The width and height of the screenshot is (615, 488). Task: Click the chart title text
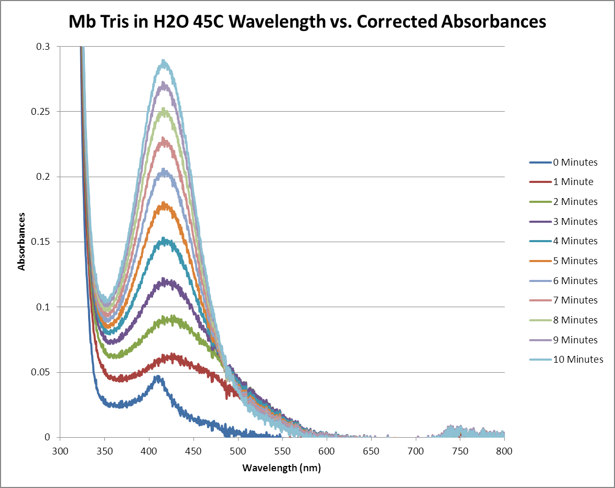tap(307, 22)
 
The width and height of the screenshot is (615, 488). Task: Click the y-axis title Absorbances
tap(21, 241)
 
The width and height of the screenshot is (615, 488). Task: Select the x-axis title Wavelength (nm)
tap(282, 468)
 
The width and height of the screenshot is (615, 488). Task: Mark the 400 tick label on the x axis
tap(149, 450)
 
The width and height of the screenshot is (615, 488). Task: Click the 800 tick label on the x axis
tap(504, 450)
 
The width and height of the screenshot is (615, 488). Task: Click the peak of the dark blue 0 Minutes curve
tap(157, 376)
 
